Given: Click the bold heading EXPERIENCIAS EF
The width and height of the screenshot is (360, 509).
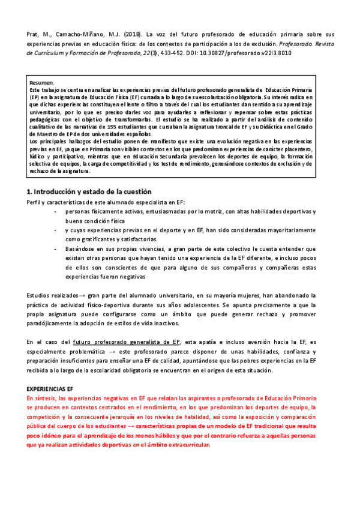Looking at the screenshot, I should (50, 389).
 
